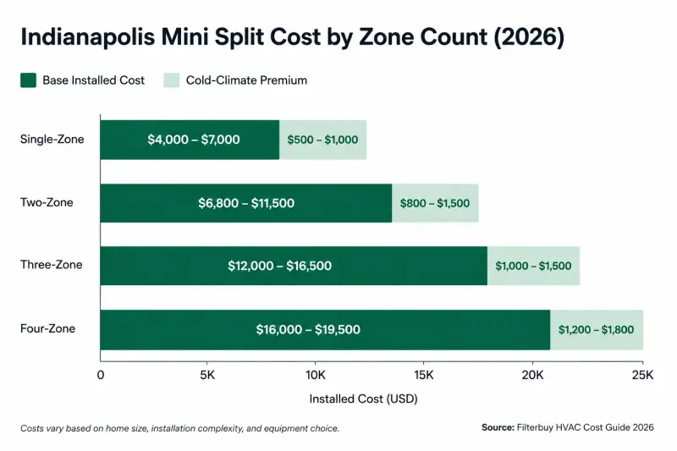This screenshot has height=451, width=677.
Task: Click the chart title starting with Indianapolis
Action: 292,36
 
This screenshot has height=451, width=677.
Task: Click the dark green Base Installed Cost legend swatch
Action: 28,80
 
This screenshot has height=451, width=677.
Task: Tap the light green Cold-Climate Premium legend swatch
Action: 172,80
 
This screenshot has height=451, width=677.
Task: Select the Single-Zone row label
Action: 52,140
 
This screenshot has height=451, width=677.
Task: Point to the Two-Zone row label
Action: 47,202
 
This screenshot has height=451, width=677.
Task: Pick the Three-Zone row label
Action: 52,265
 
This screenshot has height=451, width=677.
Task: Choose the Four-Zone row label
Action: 47,328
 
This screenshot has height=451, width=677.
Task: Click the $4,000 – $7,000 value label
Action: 194,140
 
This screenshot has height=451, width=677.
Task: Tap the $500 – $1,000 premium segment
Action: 323,140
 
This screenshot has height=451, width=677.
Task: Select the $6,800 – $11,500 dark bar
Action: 246,203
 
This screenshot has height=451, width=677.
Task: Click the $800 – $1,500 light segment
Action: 435,203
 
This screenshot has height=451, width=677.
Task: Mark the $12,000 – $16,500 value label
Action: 280,266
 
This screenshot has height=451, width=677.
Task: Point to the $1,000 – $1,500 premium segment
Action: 534,266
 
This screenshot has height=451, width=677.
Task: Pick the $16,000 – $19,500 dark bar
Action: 325,330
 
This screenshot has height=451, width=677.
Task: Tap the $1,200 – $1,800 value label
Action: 597,330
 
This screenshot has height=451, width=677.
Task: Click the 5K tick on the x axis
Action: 207,375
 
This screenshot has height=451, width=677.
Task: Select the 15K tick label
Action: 424,375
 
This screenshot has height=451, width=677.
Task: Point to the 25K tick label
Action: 642,375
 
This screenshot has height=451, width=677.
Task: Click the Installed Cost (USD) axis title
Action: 364,399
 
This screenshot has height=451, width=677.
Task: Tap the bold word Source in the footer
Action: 498,427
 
